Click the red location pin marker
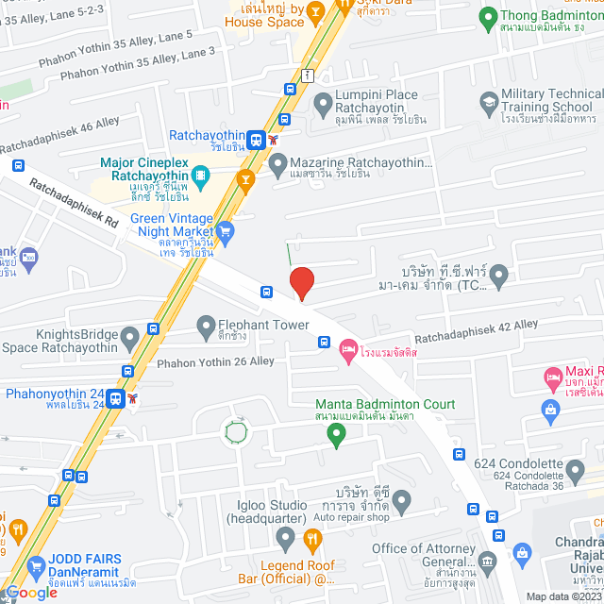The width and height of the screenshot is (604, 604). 301,282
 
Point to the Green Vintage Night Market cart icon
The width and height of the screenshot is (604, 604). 225,229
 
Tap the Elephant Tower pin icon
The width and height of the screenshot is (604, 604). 205,327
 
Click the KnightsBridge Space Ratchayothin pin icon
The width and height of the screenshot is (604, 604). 129,334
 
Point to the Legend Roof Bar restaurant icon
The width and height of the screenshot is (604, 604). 313,538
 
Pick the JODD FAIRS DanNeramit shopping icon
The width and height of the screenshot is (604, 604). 36,566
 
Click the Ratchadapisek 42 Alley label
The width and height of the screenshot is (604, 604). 476,329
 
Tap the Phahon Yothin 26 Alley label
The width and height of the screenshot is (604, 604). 215,361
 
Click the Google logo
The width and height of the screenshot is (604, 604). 31,592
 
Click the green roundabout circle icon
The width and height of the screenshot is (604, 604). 236,432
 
